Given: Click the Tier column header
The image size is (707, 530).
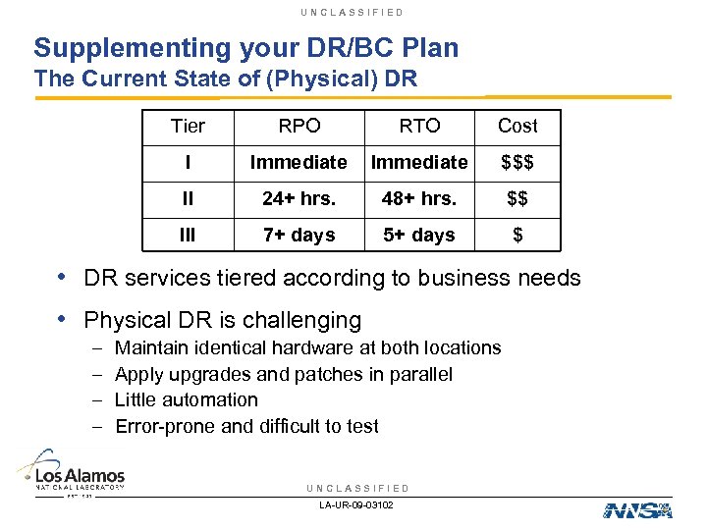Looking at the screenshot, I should (188, 126).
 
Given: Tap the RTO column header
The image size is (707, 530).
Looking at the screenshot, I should (419, 126).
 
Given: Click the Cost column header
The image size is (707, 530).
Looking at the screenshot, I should (517, 126).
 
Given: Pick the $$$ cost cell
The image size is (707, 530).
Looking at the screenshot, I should (517, 162).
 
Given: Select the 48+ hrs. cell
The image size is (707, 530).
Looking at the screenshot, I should (419, 198).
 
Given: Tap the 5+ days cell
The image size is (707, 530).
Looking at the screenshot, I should (419, 235).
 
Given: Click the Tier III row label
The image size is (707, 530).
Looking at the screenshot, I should (188, 235).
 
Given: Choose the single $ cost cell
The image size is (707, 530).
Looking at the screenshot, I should (517, 235).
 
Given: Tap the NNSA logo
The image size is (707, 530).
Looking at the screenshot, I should (637, 509).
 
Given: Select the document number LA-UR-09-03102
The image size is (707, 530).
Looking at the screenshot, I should (356, 504).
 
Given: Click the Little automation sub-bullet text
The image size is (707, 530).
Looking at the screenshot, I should (187, 399).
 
